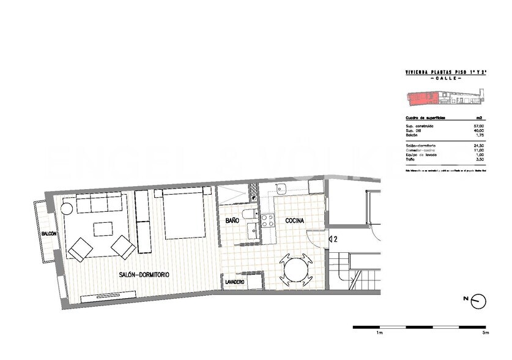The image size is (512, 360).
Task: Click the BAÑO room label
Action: click(x=232, y=220)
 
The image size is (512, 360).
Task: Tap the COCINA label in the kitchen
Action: click(x=295, y=220)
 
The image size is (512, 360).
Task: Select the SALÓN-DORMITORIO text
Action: click(x=144, y=275)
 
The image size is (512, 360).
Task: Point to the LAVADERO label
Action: click(x=235, y=282)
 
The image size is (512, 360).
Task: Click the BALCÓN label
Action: click(x=49, y=234)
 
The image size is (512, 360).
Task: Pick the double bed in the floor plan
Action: click(x=182, y=214)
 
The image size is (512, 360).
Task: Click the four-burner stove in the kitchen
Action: click(x=269, y=220)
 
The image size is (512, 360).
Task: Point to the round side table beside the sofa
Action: click(x=66, y=208)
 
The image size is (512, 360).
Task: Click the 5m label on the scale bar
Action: click(x=485, y=333)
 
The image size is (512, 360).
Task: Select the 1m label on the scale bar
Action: click(x=379, y=333)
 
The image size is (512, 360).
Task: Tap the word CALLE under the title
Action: click(x=445, y=79)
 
